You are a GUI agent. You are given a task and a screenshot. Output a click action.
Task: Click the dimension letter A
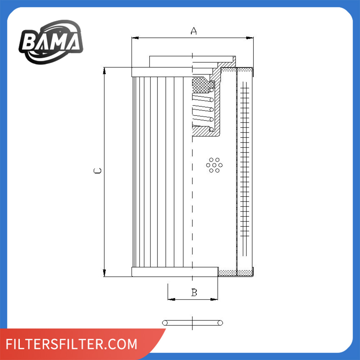click(194, 31)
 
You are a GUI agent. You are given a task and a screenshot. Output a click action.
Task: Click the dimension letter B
click(194, 292)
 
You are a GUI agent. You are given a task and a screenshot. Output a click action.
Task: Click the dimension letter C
click(98, 171)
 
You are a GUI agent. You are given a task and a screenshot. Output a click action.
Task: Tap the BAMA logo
click(51, 42)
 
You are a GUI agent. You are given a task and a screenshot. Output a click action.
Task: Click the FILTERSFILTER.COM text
click(72, 344)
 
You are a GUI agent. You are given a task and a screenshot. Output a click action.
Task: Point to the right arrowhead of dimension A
click(250, 38)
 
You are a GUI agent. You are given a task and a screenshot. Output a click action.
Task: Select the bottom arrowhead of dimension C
click(104, 273)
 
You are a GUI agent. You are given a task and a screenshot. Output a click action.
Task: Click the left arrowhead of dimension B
click(171, 300)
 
